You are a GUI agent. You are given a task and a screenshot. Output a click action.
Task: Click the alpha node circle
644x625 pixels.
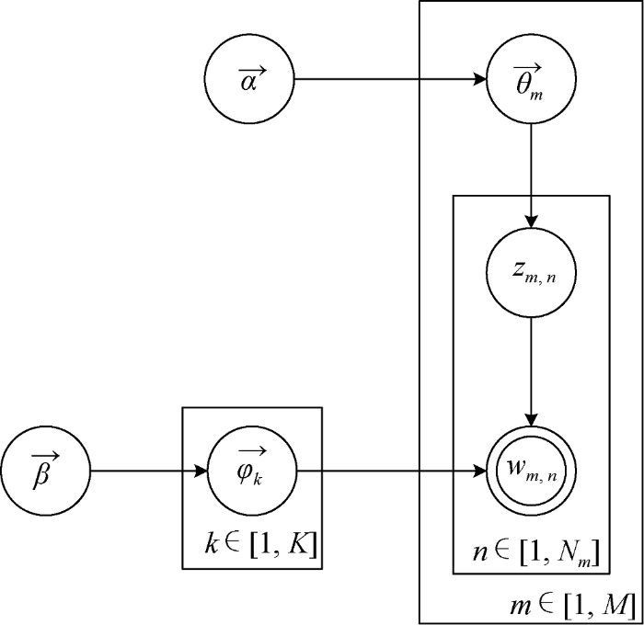pos(249,80)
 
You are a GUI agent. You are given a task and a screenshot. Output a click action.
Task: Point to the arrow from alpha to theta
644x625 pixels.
pos(386,80)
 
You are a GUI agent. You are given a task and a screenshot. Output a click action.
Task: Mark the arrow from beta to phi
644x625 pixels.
pos(147,473)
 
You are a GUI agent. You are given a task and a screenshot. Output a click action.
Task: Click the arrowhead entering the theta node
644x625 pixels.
pos(479,80)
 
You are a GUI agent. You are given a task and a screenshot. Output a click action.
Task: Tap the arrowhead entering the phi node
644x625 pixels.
pos(202,473)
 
